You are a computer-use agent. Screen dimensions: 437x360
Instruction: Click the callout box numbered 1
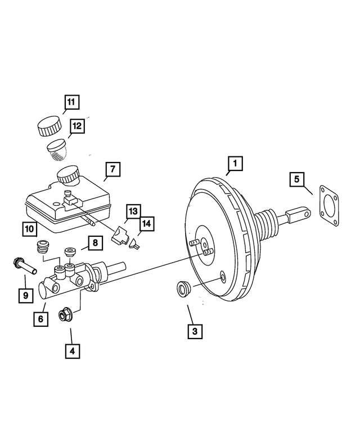(235, 164)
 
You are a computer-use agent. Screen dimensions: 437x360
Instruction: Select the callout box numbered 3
(194, 331)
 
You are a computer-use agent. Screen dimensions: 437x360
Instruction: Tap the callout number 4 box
(71, 350)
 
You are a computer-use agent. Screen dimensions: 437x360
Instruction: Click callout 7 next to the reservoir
(112, 168)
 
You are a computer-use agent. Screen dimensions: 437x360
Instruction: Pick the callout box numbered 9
(24, 294)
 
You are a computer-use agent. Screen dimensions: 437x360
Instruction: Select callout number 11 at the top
(71, 102)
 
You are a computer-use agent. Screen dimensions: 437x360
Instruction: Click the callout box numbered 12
(77, 127)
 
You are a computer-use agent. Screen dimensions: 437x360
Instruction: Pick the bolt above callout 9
(22, 264)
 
